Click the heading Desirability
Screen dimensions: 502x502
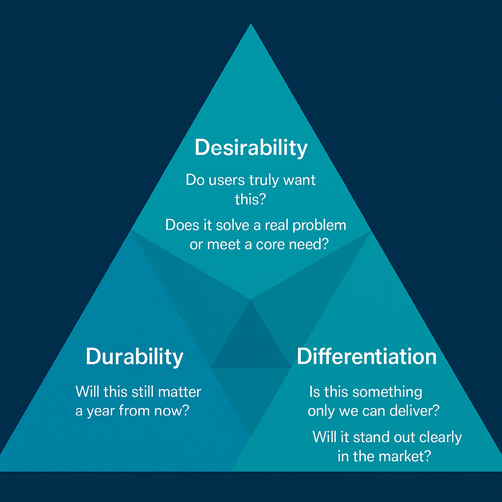[251, 148]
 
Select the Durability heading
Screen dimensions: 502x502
[134, 356]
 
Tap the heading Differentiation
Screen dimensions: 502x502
[367, 356]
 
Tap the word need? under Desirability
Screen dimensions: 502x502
[308, 244]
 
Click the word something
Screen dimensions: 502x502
[387, 392]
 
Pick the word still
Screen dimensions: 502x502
[143, 392]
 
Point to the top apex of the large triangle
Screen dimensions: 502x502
[251, 25]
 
